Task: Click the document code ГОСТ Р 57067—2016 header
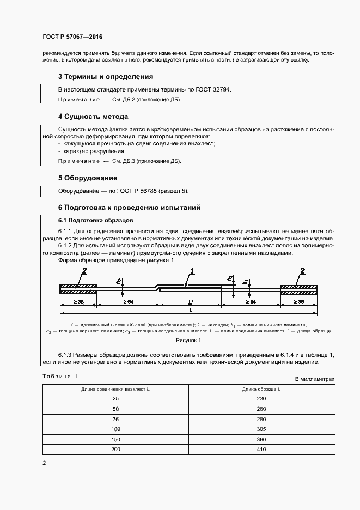click(72, 37)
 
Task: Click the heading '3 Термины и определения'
click(106, 77)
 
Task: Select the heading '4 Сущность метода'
click(93, 117)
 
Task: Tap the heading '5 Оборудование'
click(88, 178)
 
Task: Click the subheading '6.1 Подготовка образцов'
click(93, 221)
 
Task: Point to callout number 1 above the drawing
click(192, 270)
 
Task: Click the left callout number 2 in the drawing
click(84, 271)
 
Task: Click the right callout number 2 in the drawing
click(302, 271)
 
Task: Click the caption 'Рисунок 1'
click(188, 341)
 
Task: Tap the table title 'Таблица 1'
click(60, 377)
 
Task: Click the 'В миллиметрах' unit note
click(314, 379)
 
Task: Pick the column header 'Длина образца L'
click(254, 389)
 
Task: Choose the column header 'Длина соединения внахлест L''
click(115, 389)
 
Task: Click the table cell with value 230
click(254, 399)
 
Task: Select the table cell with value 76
click(115, 419)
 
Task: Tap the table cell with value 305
click(254, 429)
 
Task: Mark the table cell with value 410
click(254, 449)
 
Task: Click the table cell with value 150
click(115, 439)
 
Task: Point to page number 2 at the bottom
click(44, 463)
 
